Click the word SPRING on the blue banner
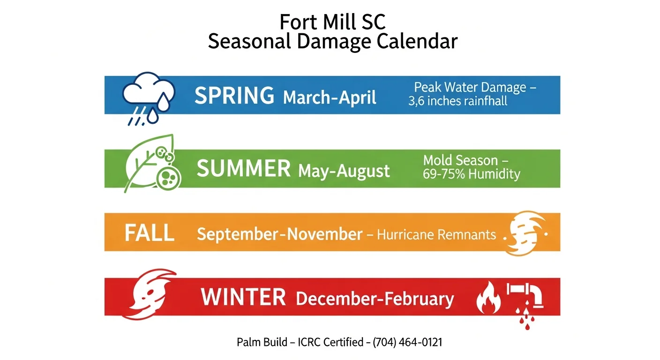point(234,96)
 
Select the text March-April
point(330,97)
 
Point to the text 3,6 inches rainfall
point(457,101)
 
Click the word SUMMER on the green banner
point(244,169)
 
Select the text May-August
point(344,171)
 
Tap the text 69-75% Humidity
point(472,174)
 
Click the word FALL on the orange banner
point(150,233)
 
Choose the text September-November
point(279,234)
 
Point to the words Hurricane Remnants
point(436,234)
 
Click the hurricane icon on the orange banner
point(525,233)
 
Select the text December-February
point(375,299)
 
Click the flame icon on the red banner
point(487,298)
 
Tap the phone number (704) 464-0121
point(407,342)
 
